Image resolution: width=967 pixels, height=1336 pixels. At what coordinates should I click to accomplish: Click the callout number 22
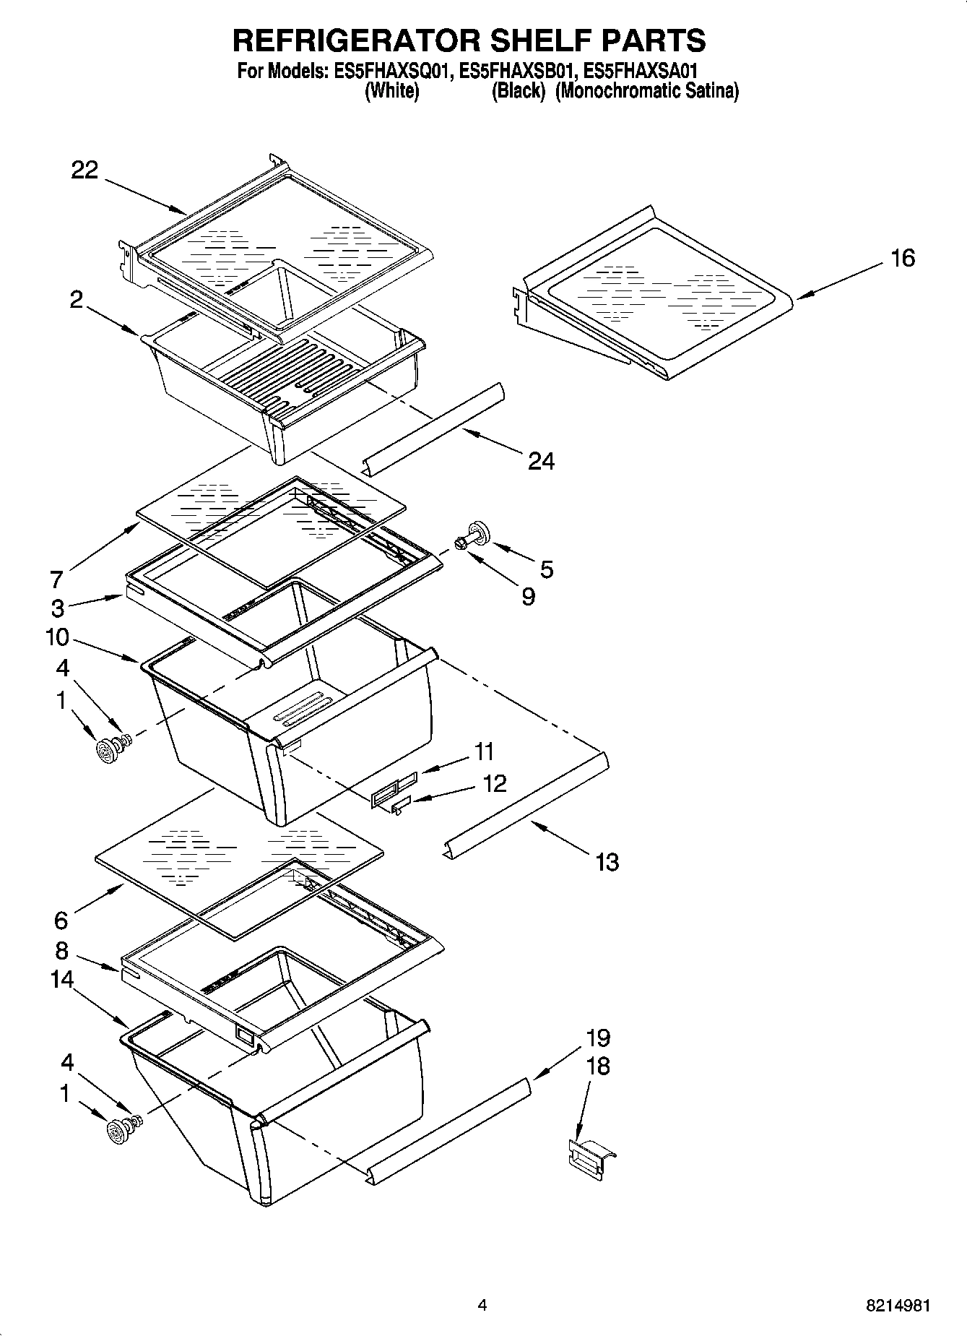(84, 171)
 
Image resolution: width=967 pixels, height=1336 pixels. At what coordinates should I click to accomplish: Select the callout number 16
(902, 258)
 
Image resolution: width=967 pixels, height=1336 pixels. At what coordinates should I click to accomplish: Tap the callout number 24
(541, 461)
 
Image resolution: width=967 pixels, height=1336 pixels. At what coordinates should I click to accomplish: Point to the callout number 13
(607, 862)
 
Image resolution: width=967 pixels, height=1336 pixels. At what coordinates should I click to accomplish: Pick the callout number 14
(62, 980)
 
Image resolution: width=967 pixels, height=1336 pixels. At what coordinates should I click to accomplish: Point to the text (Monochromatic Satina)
(646, 92)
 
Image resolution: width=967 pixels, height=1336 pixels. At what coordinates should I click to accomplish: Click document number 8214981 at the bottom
(898, 1306)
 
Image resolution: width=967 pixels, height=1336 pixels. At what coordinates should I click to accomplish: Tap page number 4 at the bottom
(482, 1306)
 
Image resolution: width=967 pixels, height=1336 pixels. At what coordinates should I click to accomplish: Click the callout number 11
(483, 751)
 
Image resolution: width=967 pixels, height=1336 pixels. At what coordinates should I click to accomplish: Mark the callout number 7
(56, 579)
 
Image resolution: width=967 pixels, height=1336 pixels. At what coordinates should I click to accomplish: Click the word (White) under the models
(392, 92)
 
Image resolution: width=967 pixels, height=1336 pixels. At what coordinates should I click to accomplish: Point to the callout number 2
(77, 300)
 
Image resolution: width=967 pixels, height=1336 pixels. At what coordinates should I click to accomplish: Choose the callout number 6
(61, 921)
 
